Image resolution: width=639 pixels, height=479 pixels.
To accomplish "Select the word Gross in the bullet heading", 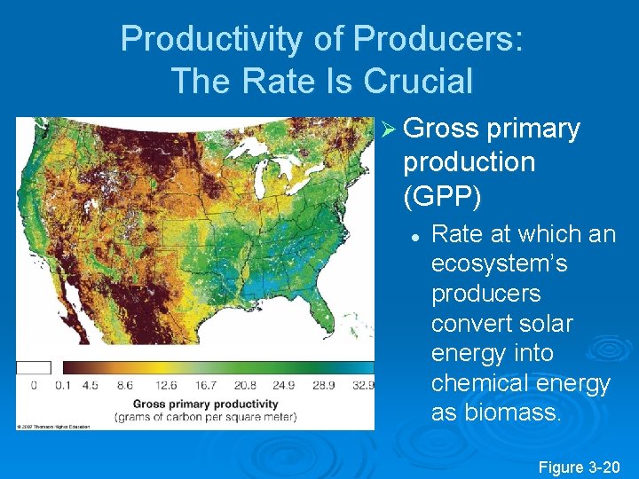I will coord(441,129).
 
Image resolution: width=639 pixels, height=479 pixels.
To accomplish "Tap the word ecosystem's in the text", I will coord(499,264).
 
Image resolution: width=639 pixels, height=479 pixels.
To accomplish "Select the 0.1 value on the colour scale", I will coord(63,386).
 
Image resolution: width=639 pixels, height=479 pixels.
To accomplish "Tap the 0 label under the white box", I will coord(34,386).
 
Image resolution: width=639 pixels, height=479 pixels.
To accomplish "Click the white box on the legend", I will coord(34,367).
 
